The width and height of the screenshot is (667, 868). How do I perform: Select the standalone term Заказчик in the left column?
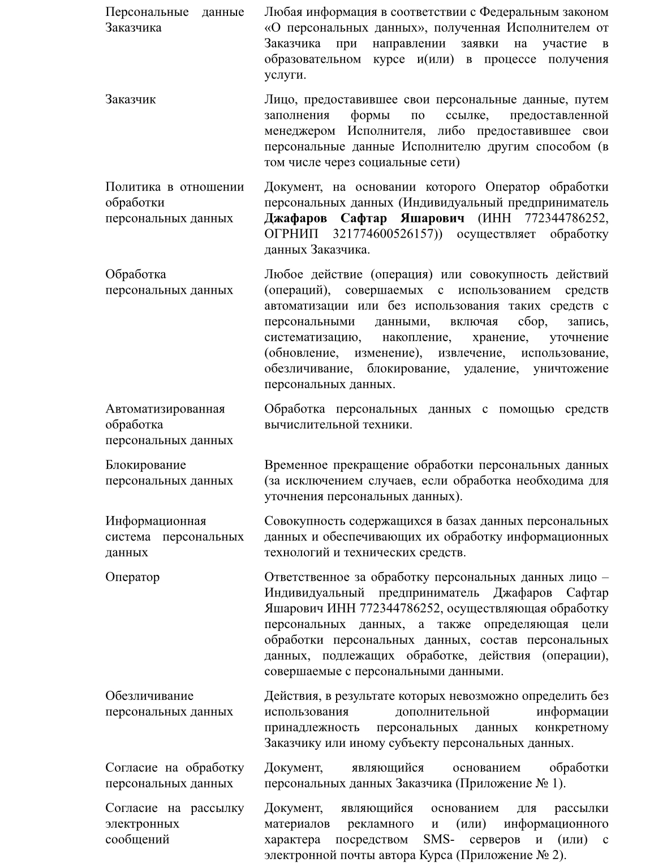[130, 100]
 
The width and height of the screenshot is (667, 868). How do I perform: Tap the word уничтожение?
[570, 368]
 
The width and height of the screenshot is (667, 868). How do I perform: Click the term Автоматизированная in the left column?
[165, 409]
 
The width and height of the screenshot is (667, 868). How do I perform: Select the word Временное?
[295, 465]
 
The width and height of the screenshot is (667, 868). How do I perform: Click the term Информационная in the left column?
[156, 521]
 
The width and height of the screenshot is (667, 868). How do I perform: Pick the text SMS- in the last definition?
[438, 839]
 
